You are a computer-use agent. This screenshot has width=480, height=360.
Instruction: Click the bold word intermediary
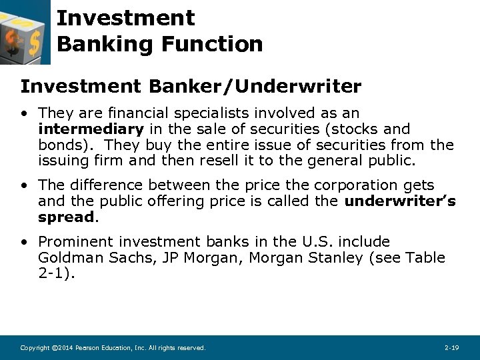tap(91, 129)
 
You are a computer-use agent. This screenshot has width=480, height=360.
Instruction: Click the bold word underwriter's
tap(400, 201)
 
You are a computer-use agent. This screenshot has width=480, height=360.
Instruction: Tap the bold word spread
tap(67, 217)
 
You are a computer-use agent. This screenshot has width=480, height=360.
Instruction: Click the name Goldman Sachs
tap(86, 257)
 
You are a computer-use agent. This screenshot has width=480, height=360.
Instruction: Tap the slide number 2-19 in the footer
tap(451, 348)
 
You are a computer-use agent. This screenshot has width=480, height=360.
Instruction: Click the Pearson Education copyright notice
tap(113, 348)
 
